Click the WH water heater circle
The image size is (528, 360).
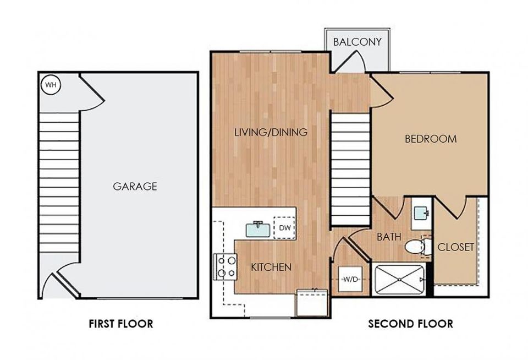[x=51, y=85]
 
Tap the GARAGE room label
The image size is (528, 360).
[x=135, y=187]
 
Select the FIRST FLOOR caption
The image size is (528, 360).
[x=121, y=324]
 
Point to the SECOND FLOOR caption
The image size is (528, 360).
[x=410, y=324]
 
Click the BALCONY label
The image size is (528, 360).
[x=358, y=42]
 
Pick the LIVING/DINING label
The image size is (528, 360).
[x=271, y=132]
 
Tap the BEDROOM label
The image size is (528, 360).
[x=431, y=139]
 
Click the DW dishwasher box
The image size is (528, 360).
[x=285, y=227]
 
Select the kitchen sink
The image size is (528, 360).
[x=258, y=229]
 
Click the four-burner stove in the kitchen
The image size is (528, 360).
[x=226, y=266]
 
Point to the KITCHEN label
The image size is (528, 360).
[x=271, y=268]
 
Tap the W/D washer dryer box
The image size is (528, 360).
[x=350, y=279]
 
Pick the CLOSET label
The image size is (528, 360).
[x=456, y=247]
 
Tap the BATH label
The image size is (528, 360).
[x=389, y=237]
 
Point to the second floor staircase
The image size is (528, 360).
[x=350, y=169]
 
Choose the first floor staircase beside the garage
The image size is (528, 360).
[x=59, y=182]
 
